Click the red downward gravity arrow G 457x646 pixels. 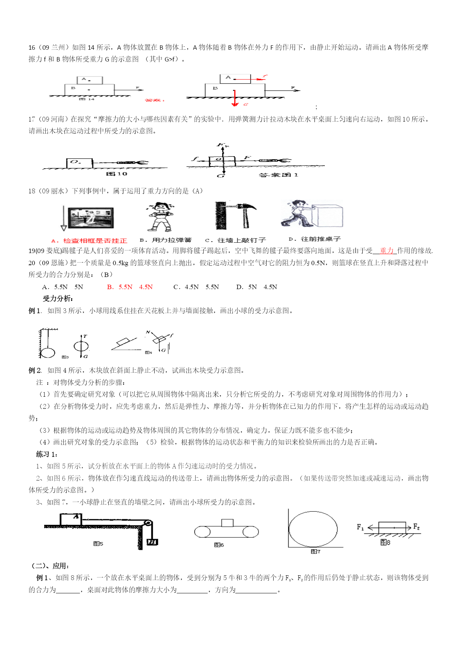(235, 98)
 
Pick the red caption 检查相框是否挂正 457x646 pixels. (95, 241)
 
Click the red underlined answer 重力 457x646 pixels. (386, 251)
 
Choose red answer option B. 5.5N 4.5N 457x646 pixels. (130, 287)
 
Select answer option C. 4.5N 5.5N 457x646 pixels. (196, 287)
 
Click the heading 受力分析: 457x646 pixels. (58, 299)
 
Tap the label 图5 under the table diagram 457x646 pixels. (98, 544)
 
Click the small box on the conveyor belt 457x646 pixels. (227, 523)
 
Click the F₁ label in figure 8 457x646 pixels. (360, 527)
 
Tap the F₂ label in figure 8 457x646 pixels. (416, 527)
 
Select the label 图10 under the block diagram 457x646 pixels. (116, 174)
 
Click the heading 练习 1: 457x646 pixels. (47, 454)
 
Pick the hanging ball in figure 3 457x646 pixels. (48, 352)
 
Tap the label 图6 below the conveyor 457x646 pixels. (219, 545)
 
